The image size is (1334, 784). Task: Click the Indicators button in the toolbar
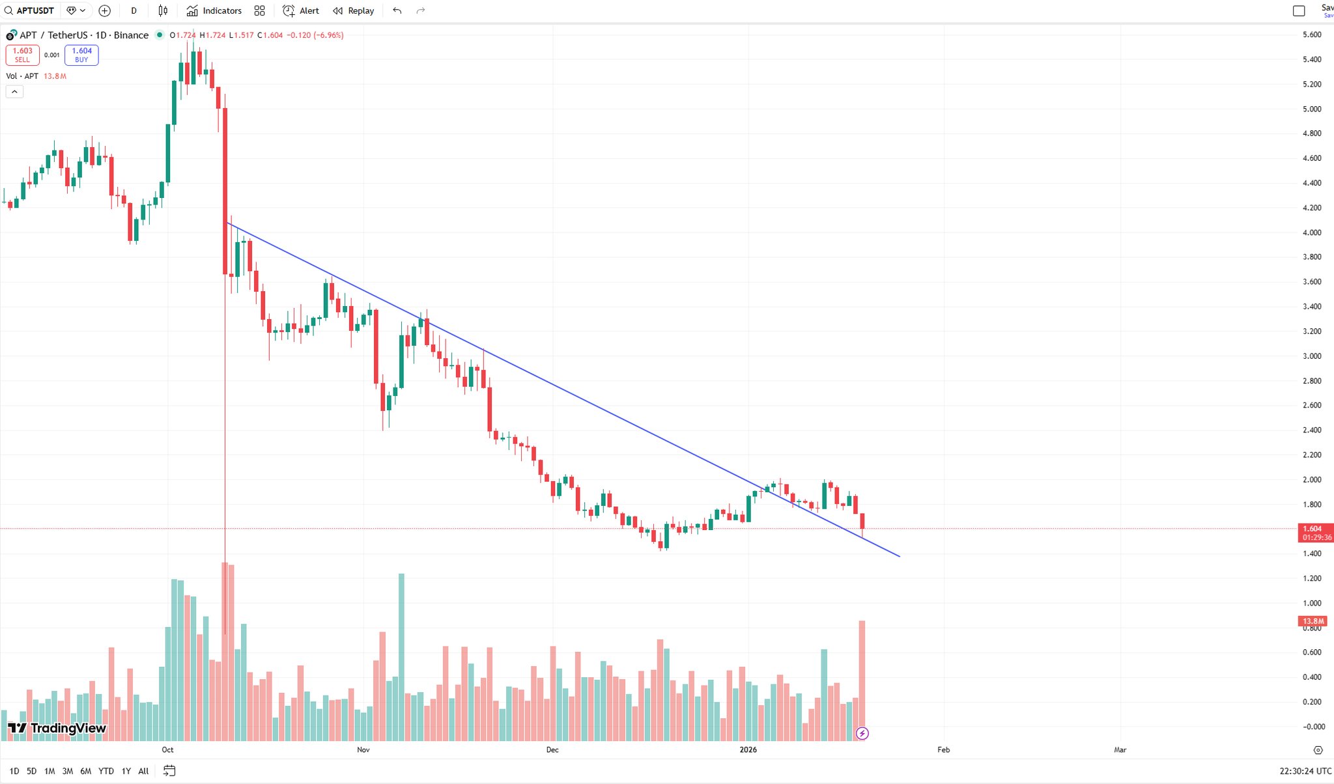tap(214, 10)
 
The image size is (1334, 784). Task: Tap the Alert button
tap(301, 10)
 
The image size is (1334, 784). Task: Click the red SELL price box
tap(22, 55)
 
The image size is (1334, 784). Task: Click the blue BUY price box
tap(81, 55)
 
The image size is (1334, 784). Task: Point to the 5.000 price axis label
tap(1312, 109)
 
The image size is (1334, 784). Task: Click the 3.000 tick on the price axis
tap(1312, 356)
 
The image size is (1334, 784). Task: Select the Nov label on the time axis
tap(363, 749)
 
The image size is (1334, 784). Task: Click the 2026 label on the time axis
tap(748, 749)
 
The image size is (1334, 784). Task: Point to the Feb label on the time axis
tap(943, 749)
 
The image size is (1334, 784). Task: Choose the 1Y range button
tap(126, 771)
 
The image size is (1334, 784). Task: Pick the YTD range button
tap(106, 771)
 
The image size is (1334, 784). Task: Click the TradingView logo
tap(57, 728)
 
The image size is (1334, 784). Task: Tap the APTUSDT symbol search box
tap(30, 10)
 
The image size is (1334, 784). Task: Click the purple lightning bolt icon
tap(862, 734)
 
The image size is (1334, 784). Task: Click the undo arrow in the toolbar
tap(397, 10)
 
